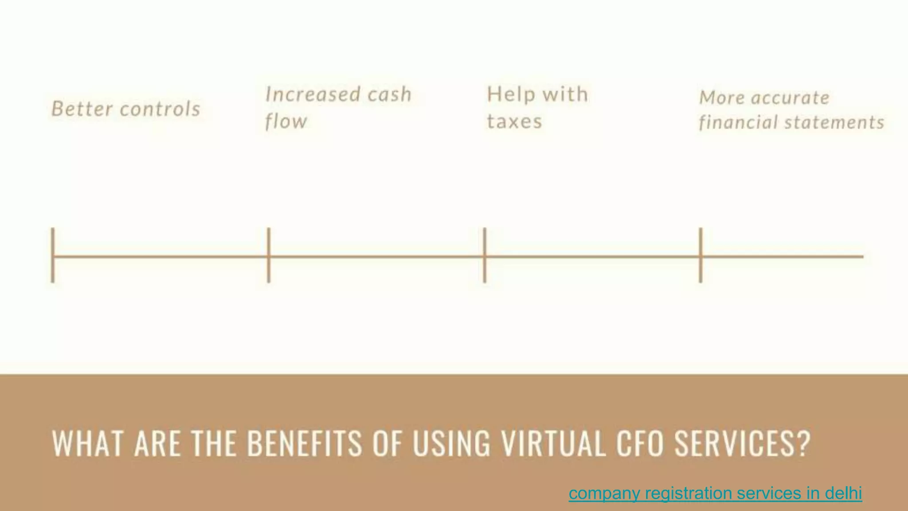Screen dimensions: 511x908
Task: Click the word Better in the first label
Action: [82, 109]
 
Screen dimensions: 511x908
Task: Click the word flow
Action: [286, 121]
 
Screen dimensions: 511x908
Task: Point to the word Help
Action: [510, 94]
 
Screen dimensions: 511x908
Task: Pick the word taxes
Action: [515, 121]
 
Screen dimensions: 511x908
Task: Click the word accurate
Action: [790, 98]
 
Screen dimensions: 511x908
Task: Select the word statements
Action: [834, 122]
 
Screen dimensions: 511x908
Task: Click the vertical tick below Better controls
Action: [53, 255]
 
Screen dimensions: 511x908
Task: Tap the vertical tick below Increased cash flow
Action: [269, 255]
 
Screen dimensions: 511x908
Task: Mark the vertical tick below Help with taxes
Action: [485, 255]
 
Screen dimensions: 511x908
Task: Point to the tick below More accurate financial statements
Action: [701, 255]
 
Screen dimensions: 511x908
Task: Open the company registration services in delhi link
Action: [715, 493]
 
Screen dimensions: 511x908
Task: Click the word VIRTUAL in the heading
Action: [553, 443]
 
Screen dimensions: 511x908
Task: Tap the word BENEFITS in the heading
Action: [304, 443]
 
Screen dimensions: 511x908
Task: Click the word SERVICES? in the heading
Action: [743, 443]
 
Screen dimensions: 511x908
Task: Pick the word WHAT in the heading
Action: [88, 443]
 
